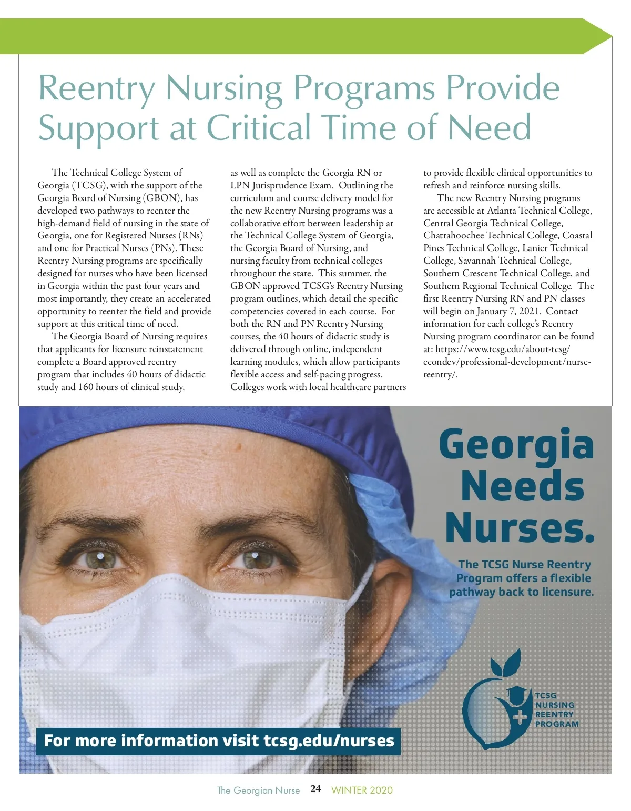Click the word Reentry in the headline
[x=97, y=88]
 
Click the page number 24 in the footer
[x=315, y=788]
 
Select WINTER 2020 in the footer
[x=362, y=790]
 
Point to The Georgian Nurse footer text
[x=258, y=790]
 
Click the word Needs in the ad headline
[x=522, y=486]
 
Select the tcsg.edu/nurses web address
[x=329, y=740]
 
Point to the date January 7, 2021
[x=508, y=311]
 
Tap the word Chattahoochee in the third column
[x=453, y=235]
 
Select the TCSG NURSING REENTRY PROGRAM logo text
[x=556, y=709]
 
